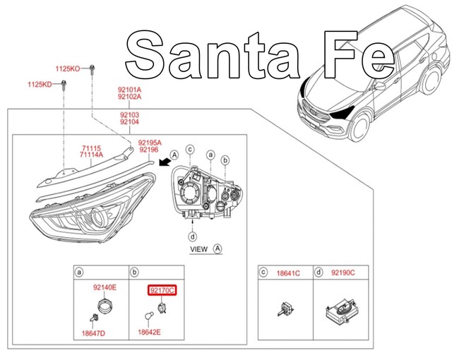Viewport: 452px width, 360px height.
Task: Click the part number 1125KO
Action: [x=68, y=68]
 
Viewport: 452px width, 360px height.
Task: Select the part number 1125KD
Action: [x=40, y=84]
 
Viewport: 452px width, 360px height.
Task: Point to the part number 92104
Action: [x=129, y=122]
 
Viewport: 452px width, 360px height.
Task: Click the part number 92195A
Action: [x=150, y=141]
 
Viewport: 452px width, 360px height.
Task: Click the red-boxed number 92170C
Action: [x=161, y=290]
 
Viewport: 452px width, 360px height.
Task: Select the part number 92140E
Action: [x=105, y=287]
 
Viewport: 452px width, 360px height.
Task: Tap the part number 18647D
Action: [x=92, y=332]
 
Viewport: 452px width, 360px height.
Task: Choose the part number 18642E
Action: [x=149, y=332]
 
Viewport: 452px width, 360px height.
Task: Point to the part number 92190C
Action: [x=343, y=272]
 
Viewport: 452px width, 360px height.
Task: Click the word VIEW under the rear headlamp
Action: [x=199, y=249]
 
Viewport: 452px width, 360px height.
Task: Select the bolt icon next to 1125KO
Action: [x=92, y=69]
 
